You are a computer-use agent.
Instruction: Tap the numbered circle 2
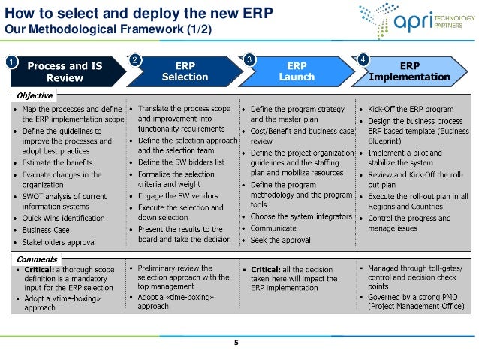(x=134, y=59)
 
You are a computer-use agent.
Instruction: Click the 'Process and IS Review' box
(x=65, y=71)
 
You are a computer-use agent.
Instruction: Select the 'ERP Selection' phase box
(x=185, y=71)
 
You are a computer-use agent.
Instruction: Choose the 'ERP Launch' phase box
(x=297, y=71)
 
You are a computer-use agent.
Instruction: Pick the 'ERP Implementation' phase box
(x=414, y=71)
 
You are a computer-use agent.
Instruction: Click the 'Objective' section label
(x=35, y=96)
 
